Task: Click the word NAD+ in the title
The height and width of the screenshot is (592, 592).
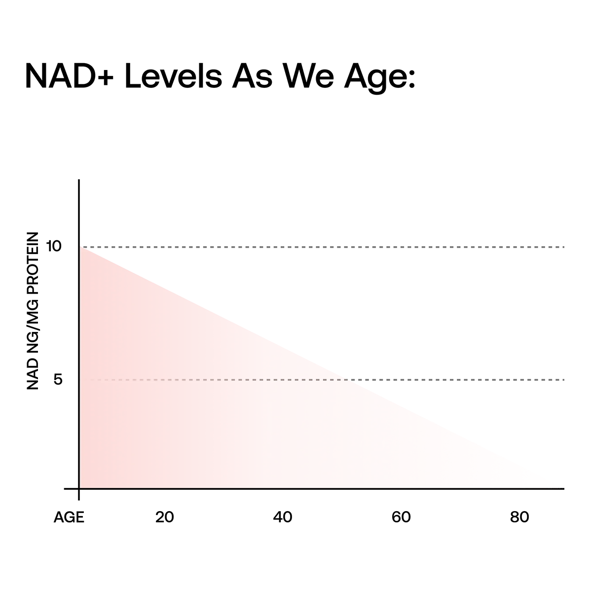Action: point(70,75)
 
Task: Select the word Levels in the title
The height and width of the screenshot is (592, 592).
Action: point(173,75)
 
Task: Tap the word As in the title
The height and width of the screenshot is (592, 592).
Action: point(252,75)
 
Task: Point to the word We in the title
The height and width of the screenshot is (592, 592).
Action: point(308,75)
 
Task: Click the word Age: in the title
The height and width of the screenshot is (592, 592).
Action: point(380,78)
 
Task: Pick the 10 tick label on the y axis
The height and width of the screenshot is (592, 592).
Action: point(54,246)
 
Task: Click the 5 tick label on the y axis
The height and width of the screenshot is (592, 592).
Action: point(58,379)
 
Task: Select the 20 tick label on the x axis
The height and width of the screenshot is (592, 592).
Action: point(165,517)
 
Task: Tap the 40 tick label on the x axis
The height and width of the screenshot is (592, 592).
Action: point(283,517)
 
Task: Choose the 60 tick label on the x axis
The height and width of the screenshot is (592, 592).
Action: point(401,517)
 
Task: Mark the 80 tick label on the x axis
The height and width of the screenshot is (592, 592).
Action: point(519,517)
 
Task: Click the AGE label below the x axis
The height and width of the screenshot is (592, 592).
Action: point(69,518)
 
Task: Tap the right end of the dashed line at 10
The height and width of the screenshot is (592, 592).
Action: point(564,247)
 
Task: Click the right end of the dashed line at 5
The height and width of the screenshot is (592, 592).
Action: point(564,380)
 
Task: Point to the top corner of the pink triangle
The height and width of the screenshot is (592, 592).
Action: point(80,246)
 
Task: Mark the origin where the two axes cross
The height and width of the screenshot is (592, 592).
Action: point(79,488)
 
